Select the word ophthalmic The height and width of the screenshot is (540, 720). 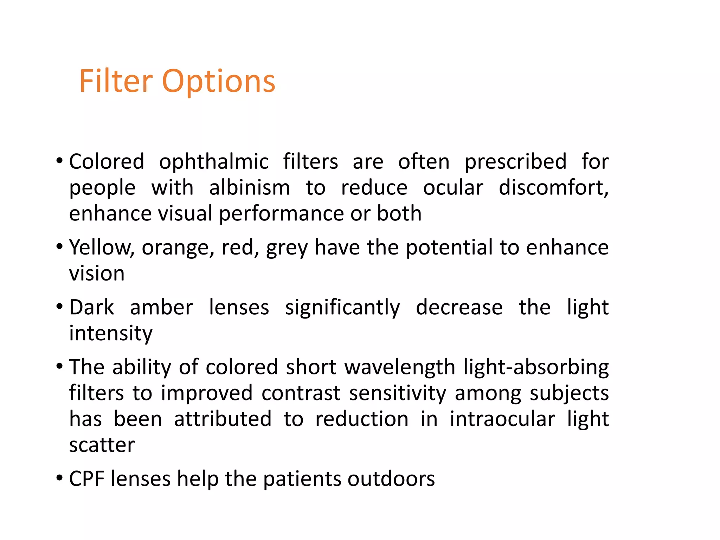tap(214, 163)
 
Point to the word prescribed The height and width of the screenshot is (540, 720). tap(515, 163)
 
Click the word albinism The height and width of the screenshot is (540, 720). tap(249, 188)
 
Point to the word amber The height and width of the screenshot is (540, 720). tap(161, 308)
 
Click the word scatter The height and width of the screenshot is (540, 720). tap(102, 445)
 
